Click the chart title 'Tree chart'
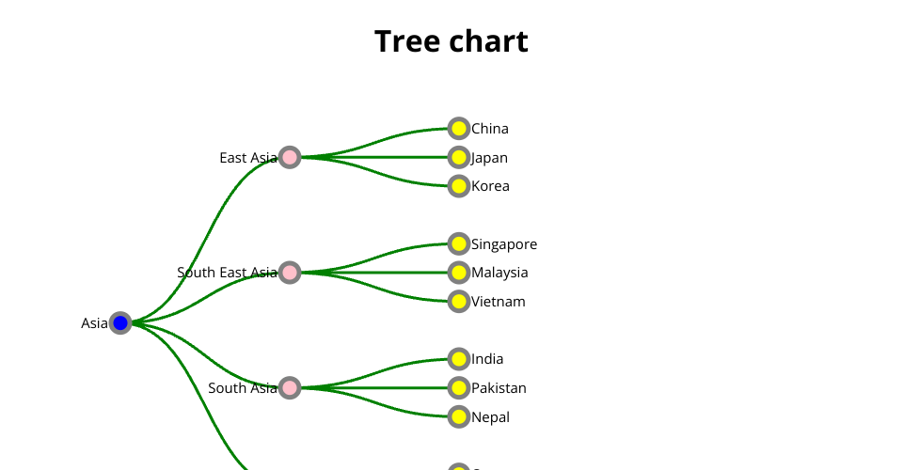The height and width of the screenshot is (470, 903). click(451, 41)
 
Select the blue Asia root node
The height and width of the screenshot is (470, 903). click(120, 322)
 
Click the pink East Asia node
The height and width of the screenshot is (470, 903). click(290, 157)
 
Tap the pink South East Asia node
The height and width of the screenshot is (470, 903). click(290, 273)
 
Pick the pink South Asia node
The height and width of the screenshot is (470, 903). click(290, 387)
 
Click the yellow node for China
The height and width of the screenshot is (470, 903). click(458, 128)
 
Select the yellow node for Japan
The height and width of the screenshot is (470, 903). click(458, 157)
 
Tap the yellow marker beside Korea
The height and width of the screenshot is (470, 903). click(458, 186)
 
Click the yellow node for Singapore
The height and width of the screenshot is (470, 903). click(458, 243)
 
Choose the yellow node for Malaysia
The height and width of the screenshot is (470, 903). click(458, 273)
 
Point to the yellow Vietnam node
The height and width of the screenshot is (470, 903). click(458, 301)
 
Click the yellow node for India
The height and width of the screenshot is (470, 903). click(458, 358)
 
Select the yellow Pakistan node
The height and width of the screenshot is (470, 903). click(458, 387)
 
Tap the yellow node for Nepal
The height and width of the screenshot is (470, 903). click(458, 416)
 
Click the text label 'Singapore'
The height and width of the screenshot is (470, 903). click(504, 244)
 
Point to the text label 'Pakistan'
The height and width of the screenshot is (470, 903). click(499, 388)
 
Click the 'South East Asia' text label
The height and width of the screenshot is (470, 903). click(227, 273)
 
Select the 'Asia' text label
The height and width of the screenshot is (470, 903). click(94, 323)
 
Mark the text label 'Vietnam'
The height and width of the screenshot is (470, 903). click(499, 302)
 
